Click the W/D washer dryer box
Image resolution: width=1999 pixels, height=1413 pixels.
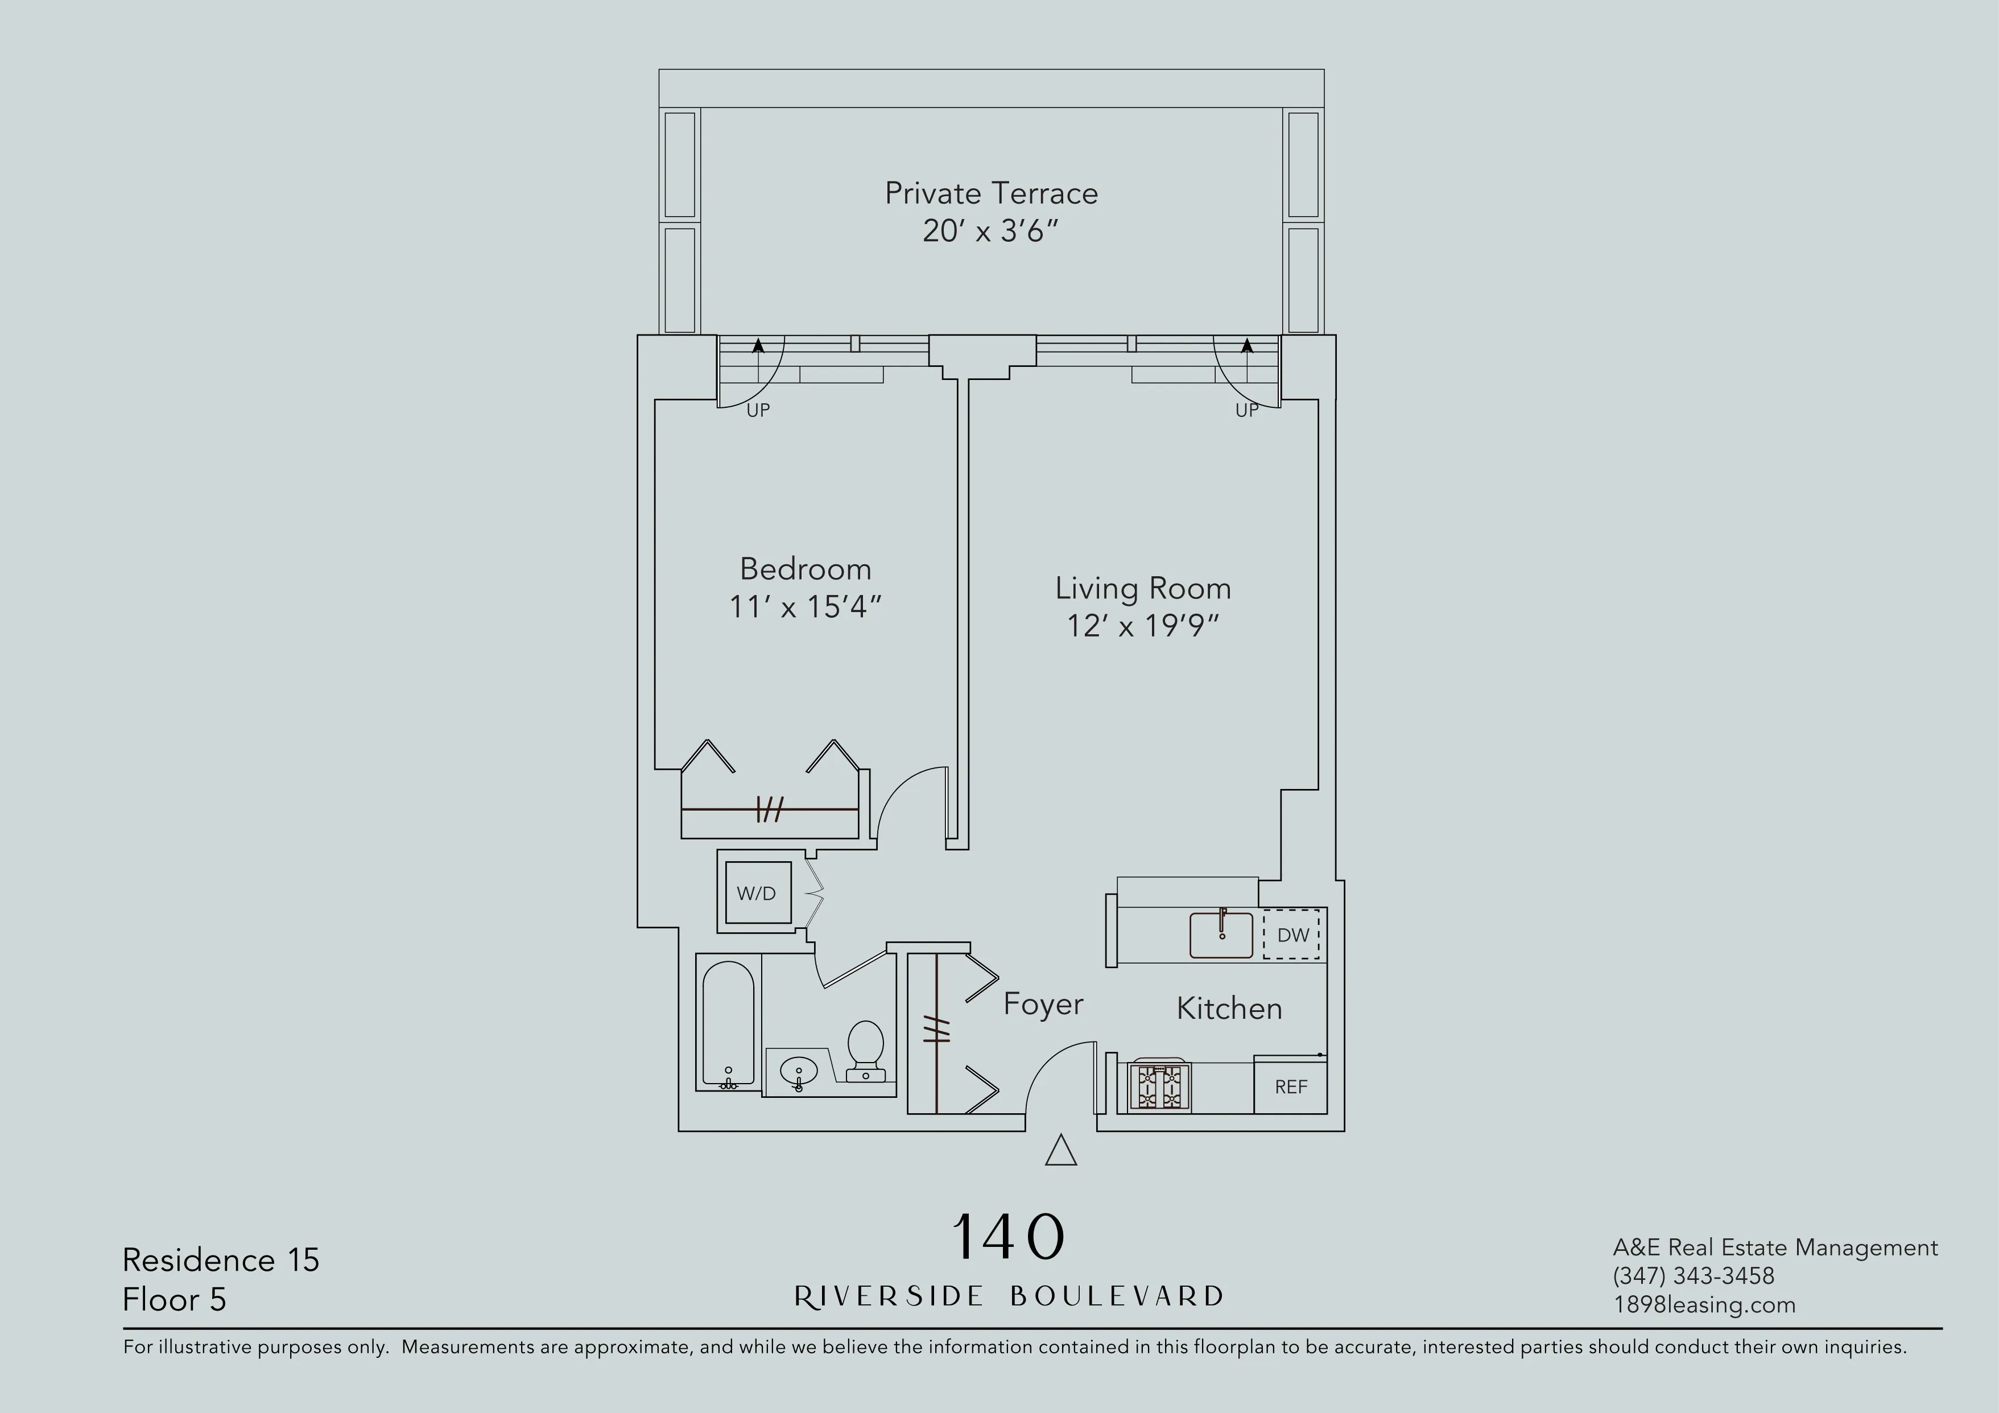pos(757,893)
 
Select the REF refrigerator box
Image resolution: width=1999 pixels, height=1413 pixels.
pos(1290,1086)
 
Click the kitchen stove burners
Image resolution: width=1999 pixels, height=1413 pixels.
pos(1159,1086)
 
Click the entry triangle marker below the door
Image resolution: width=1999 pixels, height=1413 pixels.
pos(1060,1151)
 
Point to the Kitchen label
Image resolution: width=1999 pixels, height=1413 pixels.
pos(1229,1008)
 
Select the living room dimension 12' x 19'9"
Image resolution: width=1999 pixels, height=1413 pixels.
pos(1142,626)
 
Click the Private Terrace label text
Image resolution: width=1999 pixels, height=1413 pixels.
pos(991,193)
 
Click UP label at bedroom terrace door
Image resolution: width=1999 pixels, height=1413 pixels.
pos(758,410)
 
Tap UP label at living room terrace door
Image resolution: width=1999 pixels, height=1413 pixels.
pos(1246,410)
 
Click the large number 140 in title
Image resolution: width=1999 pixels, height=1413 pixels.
pos(1008,1237)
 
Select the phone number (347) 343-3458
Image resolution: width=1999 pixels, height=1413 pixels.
pos(1692,1275)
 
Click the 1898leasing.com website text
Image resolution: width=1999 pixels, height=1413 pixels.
pos(1703,1304)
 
